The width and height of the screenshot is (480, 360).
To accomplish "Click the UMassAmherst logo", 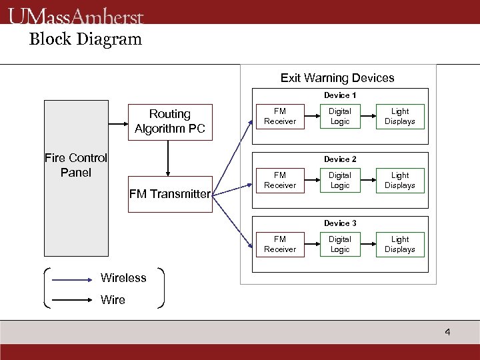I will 76,15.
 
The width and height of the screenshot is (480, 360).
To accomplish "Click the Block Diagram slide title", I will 85,39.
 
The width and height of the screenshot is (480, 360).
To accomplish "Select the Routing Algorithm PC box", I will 170,121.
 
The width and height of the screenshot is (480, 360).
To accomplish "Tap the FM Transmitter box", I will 170,194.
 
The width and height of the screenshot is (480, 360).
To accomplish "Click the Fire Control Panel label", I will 76,165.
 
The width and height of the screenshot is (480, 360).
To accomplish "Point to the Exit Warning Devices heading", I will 337,78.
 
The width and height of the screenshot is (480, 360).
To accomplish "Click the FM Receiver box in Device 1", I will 280,117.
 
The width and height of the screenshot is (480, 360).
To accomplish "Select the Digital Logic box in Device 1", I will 340,117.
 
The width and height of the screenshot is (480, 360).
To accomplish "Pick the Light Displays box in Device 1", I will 400,117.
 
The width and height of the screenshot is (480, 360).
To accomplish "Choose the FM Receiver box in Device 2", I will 280,181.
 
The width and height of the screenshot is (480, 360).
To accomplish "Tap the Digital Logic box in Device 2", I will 340,181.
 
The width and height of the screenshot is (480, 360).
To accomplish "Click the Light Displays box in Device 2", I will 400,181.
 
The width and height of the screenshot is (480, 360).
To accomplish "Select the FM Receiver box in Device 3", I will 280,245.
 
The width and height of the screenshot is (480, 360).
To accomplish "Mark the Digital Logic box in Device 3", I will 340,245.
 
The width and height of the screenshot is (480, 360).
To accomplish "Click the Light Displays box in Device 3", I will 400,245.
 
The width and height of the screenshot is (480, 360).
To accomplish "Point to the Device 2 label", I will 340,159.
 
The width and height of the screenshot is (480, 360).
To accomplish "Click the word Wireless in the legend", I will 123,278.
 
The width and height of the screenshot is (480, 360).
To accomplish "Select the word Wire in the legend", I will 113,300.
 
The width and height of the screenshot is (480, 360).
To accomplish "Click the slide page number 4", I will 447,332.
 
